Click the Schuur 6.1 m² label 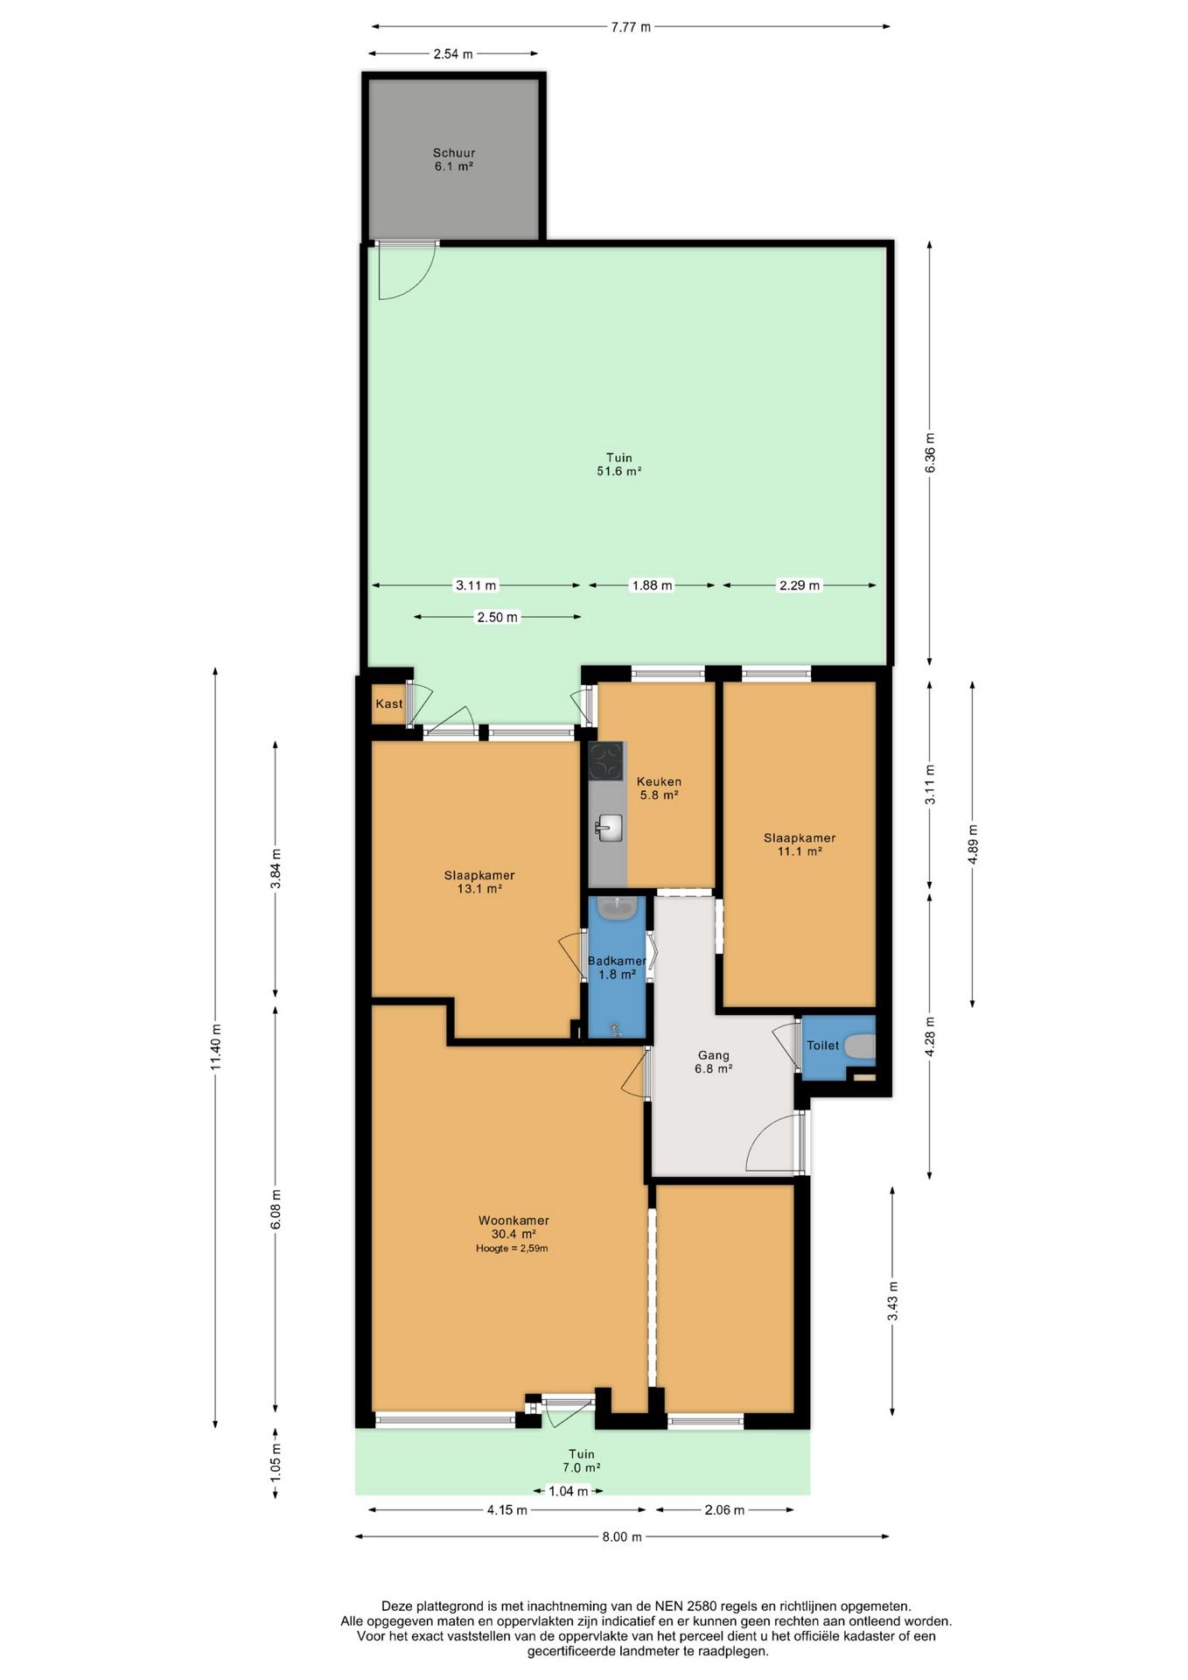tap(454, 159)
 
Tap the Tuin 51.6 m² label tap(618, 464)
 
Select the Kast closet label tap(389, 703)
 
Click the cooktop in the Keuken tap(605, 760)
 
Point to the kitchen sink tap(609, 827)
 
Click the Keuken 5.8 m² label tap(659, 788)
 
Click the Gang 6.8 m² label tap(713, 1061)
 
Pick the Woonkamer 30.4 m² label tap(514, 1227)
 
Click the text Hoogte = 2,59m tap(512, 1249)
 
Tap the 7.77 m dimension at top tap(631, 26)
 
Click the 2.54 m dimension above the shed tap(453, 53)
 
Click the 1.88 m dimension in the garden tap(652, 585)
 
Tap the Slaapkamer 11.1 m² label tap(800, 844)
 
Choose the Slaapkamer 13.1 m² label tap(479, 882)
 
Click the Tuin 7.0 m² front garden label tap(581, 1460)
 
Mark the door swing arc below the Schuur tap(421, 284)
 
